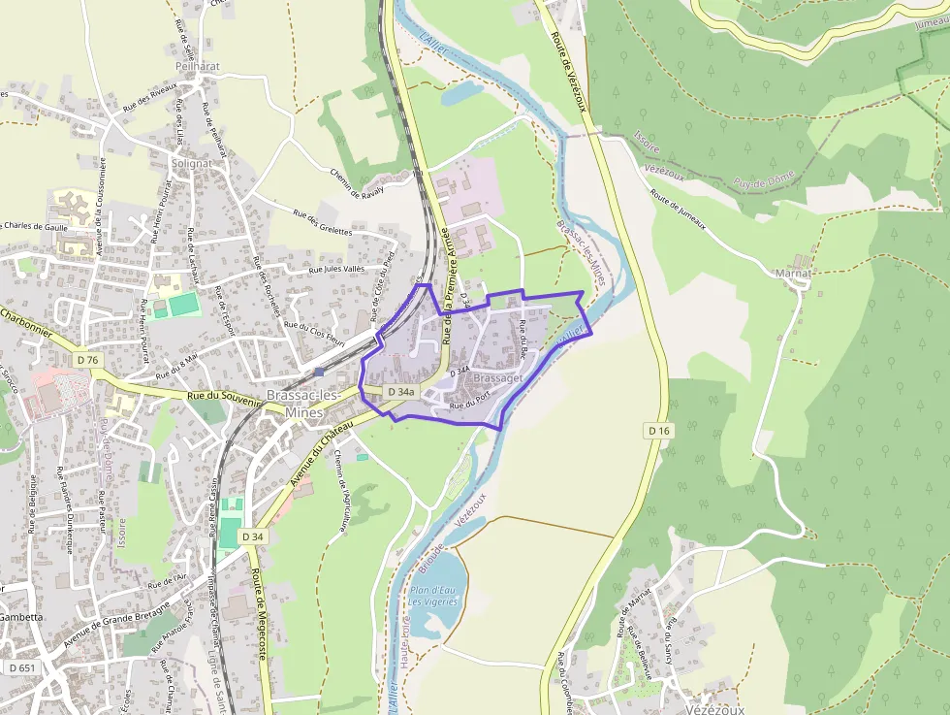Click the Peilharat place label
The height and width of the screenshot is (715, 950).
click(x=198, y=67)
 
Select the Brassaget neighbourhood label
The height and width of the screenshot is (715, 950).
click(x=499, y=377)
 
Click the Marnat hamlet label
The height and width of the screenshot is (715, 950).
click(x=793, y=274)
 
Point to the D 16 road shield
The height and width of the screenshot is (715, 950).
click(x=658, y=430)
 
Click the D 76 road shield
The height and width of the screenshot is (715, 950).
click(x=86, y=360)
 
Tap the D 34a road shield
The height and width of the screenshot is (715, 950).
click(x=400, y=392)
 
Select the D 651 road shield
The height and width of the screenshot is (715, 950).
click(x=21, y=667)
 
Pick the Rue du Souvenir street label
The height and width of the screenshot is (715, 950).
click(x=224, y=396)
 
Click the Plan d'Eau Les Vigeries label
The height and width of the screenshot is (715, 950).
click(x=432, y=596)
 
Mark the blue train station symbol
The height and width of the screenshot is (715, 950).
click(x=319, y=371)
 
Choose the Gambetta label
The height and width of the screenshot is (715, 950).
click(x=21, y=616)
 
